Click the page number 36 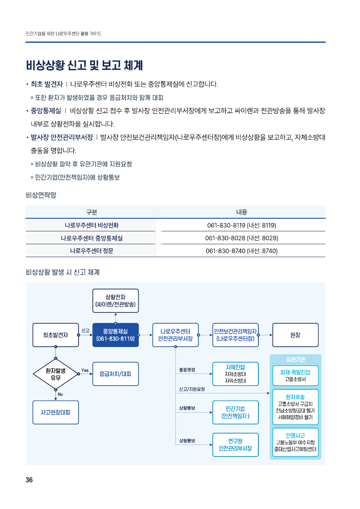coord(29,480)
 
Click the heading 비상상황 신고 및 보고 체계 coord(84,65)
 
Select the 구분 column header coord(92,212)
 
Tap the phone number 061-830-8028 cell coord(241,238)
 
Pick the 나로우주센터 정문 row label coord(92,251)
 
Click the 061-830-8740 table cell coord(241,251)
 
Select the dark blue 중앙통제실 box coord(115,335)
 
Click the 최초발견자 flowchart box coord(56,335)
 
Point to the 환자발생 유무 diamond coord(56,374)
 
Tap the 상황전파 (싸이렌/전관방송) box coord(115,301)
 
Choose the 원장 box coord(295,335)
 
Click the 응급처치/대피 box coord(115,374)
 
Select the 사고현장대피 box coord(56,412)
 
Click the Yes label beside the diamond coord(85,370)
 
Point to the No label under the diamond coord(60,394)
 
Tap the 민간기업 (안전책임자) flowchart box coord(235,412)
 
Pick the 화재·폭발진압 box coord(295,376)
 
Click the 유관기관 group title coord(295,359)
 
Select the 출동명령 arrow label coord(187,370)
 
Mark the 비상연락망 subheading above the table coord(41,195)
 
